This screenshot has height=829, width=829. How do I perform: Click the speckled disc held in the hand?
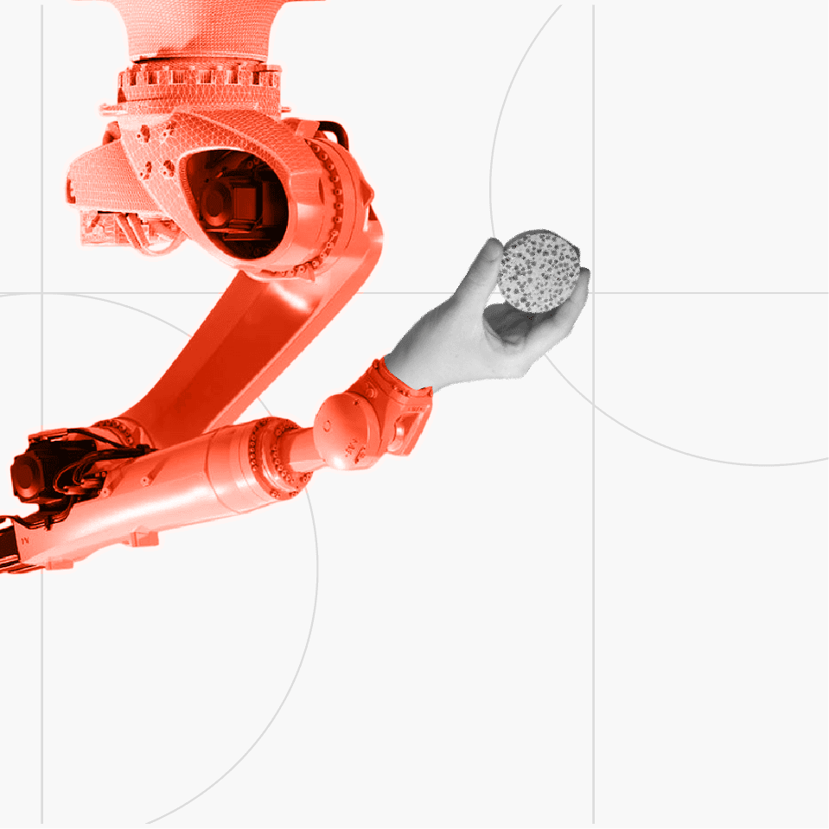[539, 271]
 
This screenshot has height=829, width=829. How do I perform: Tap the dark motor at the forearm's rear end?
[39, 471]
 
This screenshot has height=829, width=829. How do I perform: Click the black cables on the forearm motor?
[95, 450]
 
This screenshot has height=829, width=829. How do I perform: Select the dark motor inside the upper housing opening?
[233, 203]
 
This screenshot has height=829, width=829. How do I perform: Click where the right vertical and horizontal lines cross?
[593, 293]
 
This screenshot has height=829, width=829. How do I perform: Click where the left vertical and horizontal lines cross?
[41, 293]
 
